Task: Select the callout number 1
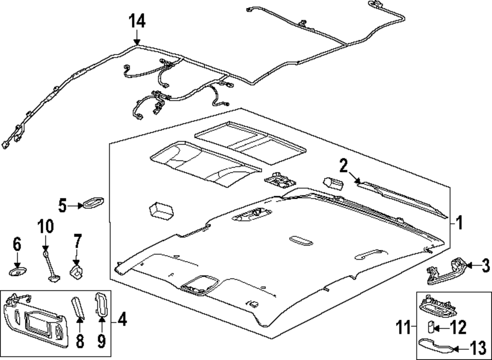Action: coord(459,224)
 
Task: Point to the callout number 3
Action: coord(485,266)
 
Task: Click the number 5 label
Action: coord(62,205)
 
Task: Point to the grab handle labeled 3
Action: coord(445,272)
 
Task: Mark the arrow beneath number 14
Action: coord(137,38)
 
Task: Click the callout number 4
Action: coord(123,322)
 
